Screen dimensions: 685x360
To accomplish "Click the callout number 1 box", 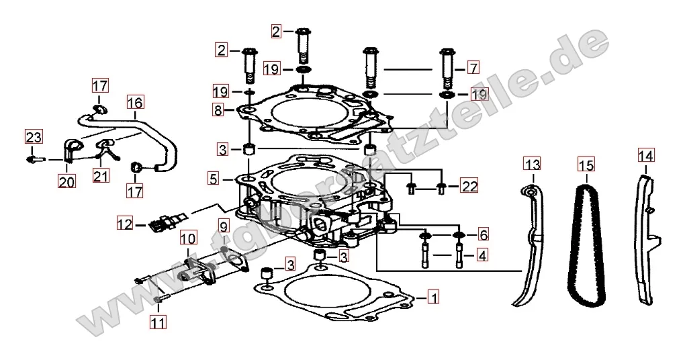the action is (433, 297).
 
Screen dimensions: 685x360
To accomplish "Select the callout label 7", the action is (473, 68).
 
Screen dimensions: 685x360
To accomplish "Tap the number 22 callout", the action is (469, 185).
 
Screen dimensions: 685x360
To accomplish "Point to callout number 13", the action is (533, 165).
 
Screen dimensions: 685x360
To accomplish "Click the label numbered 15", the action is (586, 165).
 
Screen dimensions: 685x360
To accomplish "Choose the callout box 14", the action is (646, 155).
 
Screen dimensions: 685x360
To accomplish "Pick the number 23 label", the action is (33, 138).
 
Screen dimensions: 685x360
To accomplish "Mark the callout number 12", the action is (124, 224).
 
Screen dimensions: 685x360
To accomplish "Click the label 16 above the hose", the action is (135, 103).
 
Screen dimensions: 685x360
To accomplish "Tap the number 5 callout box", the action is (213, 178).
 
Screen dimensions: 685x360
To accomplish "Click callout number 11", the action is (158, 322).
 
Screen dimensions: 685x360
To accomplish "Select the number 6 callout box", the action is (483, 235).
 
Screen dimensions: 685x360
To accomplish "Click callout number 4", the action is (482, 255).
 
